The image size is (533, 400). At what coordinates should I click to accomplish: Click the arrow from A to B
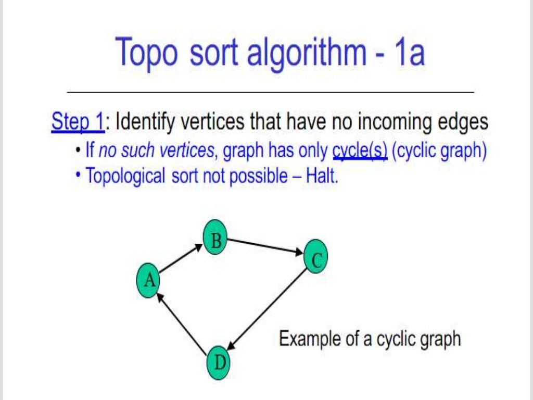(180, 258)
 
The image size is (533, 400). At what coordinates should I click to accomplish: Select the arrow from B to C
(265, 247)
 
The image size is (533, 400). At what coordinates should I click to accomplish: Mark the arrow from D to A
(182, 323)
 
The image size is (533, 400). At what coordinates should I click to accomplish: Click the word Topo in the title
(147, 53)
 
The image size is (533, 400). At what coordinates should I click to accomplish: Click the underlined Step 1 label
(77, 123)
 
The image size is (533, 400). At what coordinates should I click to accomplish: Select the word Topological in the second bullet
(125, 176)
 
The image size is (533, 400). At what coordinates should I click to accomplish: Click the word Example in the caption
(310, 339)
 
